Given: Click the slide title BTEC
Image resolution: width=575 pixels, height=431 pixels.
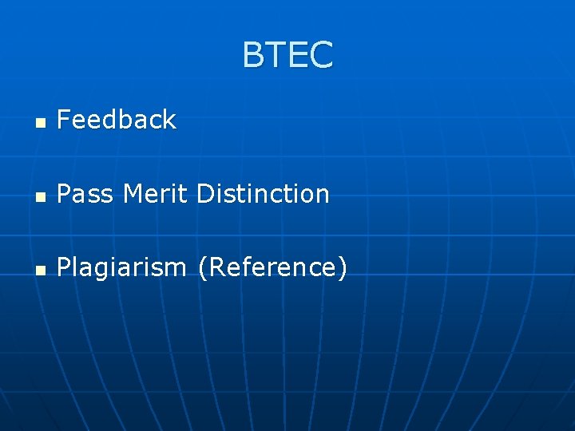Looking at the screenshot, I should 287,55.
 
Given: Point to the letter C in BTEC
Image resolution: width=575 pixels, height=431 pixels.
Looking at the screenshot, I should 321,55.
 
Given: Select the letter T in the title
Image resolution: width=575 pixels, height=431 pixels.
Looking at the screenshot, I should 276,55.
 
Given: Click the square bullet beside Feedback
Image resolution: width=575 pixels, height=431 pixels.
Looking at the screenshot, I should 41,123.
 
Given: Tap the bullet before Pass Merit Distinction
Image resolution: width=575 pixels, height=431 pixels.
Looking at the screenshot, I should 41,196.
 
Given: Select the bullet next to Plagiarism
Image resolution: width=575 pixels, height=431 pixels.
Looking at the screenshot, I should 41,270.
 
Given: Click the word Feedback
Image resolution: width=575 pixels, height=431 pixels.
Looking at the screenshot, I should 117,120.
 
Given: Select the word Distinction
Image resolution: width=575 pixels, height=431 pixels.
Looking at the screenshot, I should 263,194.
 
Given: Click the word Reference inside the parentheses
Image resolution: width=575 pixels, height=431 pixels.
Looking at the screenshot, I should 272,267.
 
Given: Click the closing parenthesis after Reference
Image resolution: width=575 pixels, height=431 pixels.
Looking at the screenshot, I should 343,268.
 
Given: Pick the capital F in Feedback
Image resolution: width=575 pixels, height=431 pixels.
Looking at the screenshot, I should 64,120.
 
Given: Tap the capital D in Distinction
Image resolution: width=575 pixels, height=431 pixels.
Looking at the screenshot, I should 204,194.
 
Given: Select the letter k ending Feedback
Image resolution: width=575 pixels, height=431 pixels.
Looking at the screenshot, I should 169,120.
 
